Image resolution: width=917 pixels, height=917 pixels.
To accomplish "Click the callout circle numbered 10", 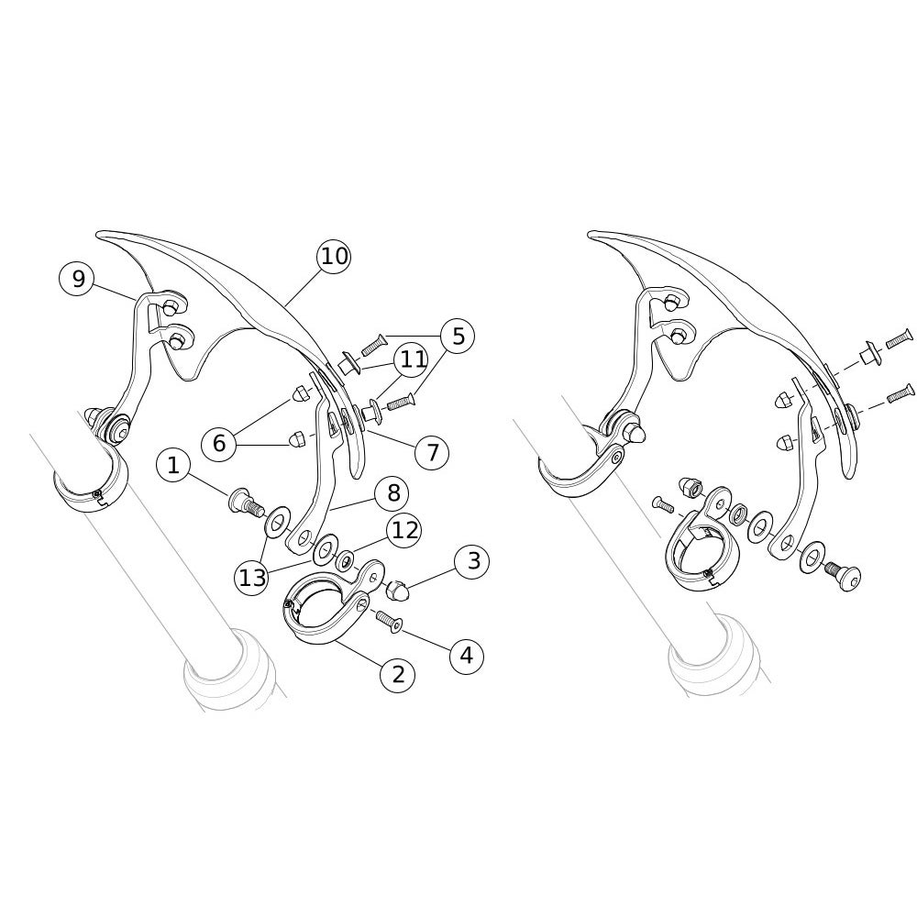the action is (334, 256).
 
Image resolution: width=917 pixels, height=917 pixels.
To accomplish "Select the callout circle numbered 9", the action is (78, 280).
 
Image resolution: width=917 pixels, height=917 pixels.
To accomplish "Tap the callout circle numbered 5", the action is (458, 337).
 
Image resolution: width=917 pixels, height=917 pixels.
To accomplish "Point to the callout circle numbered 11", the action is (413, 359).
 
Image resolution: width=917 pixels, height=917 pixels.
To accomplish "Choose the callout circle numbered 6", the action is (219, 443).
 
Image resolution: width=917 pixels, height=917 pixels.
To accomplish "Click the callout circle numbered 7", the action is (432, 452).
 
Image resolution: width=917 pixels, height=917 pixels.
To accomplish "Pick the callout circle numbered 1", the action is (173, 466).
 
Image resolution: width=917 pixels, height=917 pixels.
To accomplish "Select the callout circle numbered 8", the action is (394, 493).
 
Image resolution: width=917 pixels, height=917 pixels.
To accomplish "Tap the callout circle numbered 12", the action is (404, 530).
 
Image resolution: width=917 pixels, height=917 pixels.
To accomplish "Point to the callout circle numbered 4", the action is (466, 657).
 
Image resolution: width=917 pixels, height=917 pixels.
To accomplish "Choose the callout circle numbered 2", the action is (398, 675).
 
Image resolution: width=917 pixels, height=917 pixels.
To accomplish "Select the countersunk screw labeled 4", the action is (389, 621).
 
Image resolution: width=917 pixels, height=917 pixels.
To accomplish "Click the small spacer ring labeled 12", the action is (345, 560).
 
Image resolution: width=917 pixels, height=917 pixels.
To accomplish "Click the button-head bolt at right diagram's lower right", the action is (841, 577).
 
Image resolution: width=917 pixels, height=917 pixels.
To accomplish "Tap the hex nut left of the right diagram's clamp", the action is (688, 487).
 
